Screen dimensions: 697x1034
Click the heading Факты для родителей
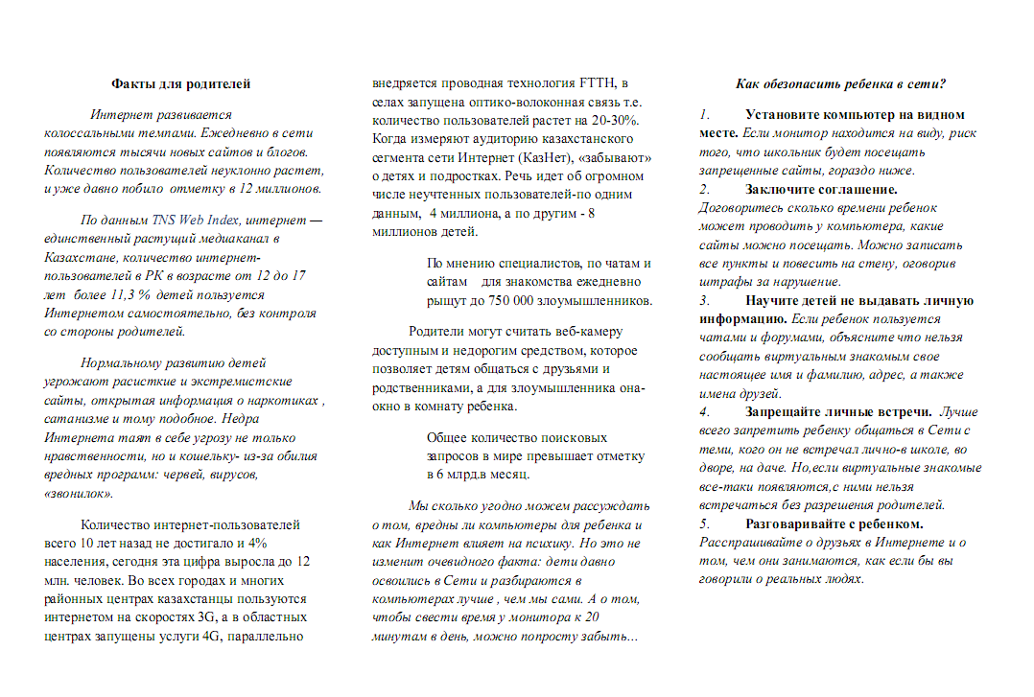[181, 84]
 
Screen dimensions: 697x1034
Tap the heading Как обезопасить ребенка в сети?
[841, 84]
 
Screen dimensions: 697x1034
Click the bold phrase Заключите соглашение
[821, 189]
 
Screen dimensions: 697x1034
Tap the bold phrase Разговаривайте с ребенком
[834, 524]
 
